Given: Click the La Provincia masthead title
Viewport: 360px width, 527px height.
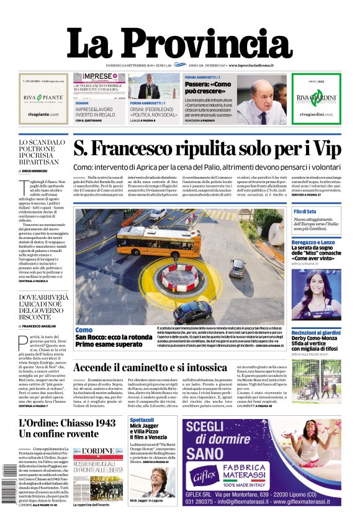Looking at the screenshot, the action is (x=179, y=43).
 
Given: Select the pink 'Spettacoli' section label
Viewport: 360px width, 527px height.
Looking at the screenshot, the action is (x=142, y=420).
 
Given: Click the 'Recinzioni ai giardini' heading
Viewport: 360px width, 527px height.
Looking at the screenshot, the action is (x=316, y=333).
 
